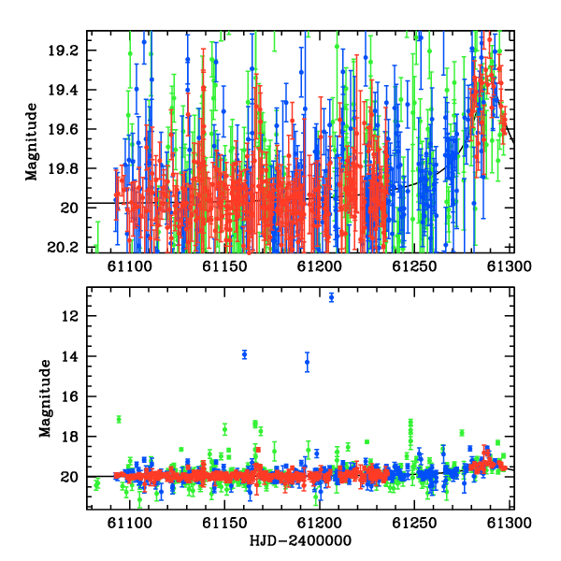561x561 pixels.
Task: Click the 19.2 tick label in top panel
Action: [63, 50]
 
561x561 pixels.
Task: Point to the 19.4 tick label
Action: [63, 90]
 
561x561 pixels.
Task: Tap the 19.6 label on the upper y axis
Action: [63, 129]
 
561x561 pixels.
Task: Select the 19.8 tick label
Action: [63, 168]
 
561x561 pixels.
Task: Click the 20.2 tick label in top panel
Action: [63, 247]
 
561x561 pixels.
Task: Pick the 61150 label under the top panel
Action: [224, 266]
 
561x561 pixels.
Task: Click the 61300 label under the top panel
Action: [510, 266]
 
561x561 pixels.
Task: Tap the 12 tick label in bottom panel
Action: [69, 316]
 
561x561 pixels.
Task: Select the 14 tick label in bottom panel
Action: [69, 356]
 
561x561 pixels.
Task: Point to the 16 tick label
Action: [69, 396]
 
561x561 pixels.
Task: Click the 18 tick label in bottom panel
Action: [69, 437]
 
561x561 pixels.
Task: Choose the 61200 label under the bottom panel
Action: [320, 524]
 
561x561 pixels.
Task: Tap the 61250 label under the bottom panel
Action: [414, 524]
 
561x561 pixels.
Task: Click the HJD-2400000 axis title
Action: [300, 540]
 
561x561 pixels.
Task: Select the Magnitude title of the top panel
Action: [32, 142]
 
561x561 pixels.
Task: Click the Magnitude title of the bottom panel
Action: [45, 398]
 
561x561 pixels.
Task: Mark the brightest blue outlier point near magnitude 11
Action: [331, 297]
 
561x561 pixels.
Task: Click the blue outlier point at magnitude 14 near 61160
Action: [244, 354]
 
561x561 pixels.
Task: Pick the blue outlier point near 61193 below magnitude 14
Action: [307, 362]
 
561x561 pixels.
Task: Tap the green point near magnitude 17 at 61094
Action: [119, 419]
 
